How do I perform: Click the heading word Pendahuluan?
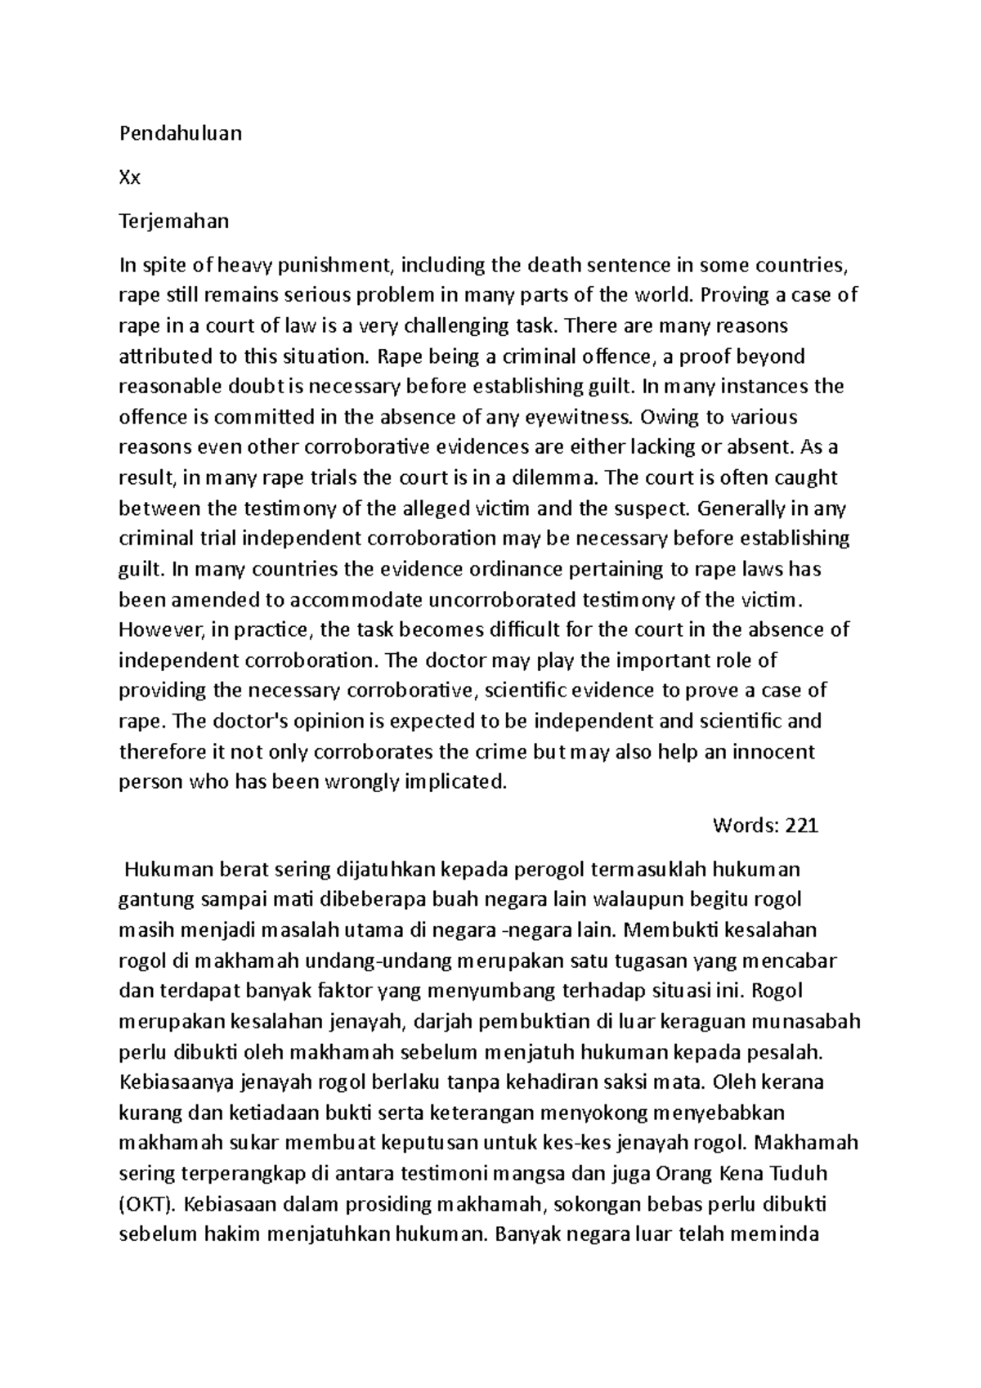tap(181, 133)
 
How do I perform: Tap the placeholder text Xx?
tap(130, 177)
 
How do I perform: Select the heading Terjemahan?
tap(174, 221)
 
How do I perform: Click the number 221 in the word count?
tap(801, 826)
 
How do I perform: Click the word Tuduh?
tap(799, 1174)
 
